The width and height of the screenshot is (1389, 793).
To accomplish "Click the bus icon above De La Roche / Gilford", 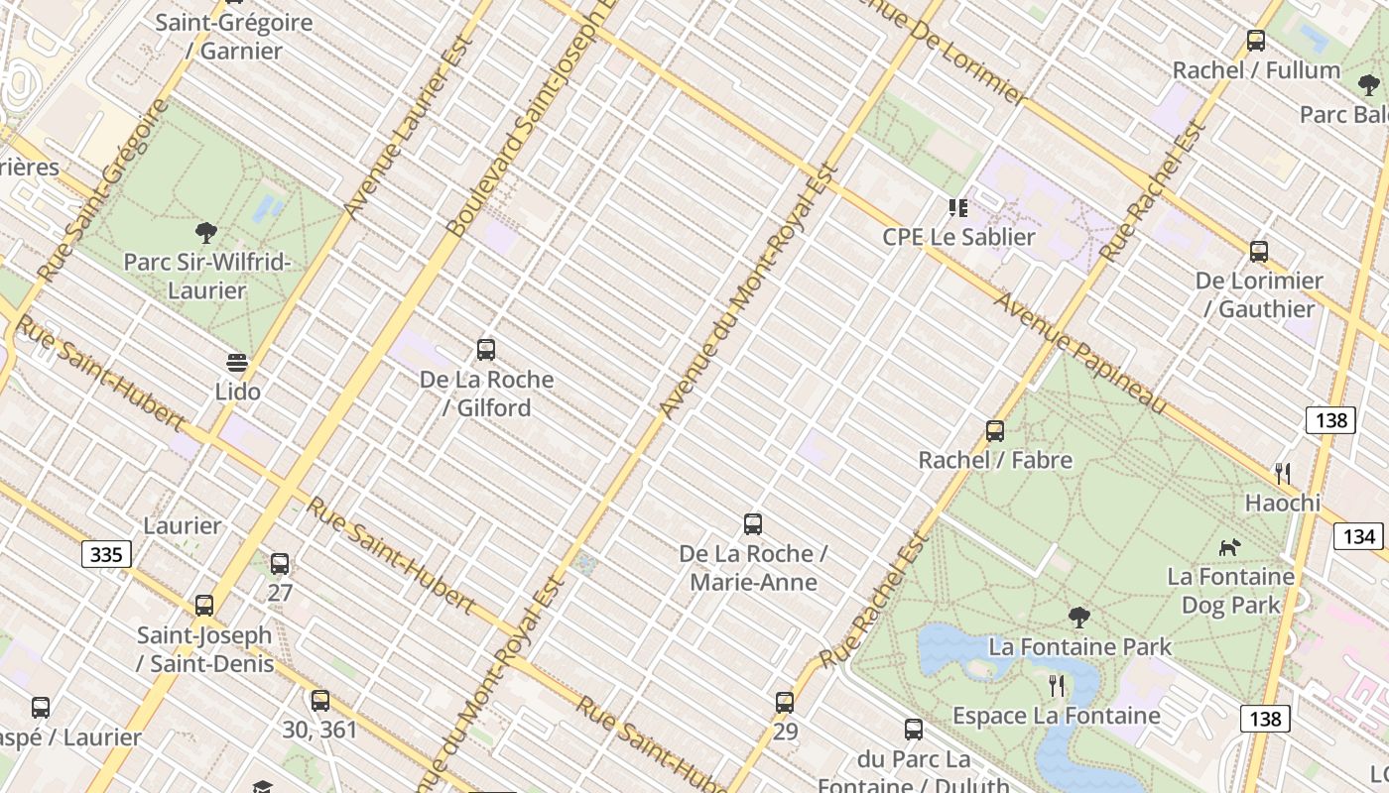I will coord(486,350).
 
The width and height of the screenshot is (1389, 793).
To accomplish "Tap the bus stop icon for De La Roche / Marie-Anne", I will coord(753,524).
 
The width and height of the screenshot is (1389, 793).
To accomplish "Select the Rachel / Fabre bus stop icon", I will coord(995,431).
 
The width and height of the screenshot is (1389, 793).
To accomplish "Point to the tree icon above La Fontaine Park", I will coord(1079,618).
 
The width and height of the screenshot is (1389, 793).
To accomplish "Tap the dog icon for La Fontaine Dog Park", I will coord(1230,547).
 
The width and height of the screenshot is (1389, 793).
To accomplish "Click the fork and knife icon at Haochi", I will coord(1283,474).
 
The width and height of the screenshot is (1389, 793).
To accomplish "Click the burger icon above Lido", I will coord(237,363).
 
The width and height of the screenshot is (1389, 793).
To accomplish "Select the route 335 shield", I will coord(106,554).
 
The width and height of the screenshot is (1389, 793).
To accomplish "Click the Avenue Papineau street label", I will coord(1081,352).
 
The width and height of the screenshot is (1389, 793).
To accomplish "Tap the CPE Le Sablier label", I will coord(958,237).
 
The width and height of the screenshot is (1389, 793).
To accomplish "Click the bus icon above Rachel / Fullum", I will coord(1256,42).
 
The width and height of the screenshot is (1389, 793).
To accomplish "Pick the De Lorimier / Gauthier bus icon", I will coord(1259,252).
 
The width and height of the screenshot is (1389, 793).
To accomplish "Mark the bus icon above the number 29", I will coord(785,703).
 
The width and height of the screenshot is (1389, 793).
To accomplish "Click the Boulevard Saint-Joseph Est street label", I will coord(531,119).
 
